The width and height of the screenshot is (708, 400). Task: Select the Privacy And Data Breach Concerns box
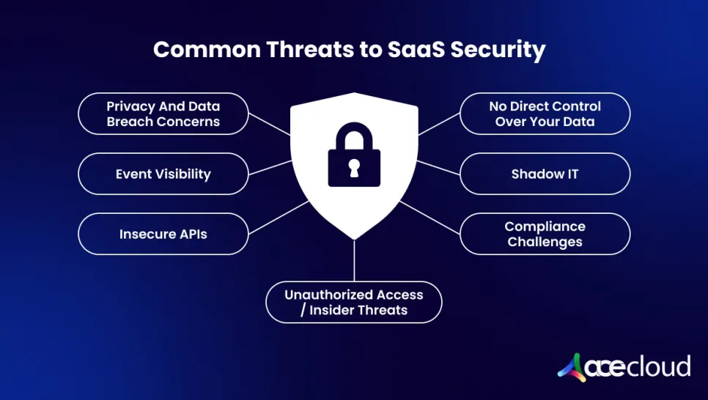(x=163, y=114)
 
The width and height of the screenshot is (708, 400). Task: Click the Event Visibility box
(x=163, y=174)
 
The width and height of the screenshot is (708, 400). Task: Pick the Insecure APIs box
(x=163, y=234)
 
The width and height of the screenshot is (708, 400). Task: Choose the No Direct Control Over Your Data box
(x=545, y=114)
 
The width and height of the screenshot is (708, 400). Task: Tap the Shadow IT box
(x=545, y=174)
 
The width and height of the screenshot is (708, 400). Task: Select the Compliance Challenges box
(x=545, y=234)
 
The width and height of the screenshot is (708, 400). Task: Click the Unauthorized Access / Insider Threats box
(x=354, y=302)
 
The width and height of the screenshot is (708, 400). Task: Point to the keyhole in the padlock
(x=354, y=168)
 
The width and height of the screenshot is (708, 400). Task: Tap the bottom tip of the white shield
(x=355, y=240)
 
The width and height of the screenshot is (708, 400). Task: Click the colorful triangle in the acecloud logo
(x=572, y=368)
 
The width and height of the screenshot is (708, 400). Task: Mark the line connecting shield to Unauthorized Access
(x=355, y=261)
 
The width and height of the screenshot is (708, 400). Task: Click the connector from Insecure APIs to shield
(x=279, y=217)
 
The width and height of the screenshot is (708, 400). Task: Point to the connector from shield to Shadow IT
(x=438, y=168)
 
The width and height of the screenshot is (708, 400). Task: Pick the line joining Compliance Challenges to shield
(x=429, y=217)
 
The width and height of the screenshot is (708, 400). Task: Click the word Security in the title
(x=498, y=50)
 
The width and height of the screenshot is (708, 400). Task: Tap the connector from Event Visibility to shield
(x=270, y=168)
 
